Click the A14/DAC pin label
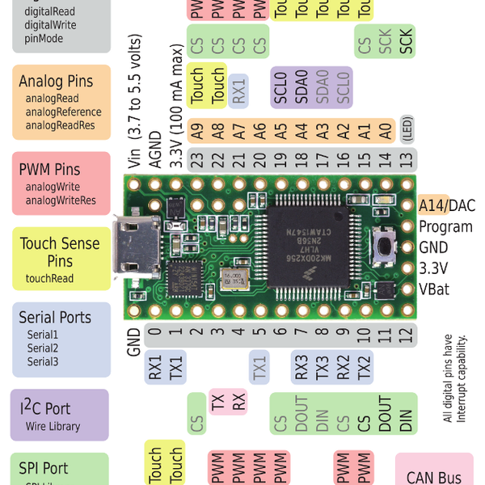[x=447, y=206]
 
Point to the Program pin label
[x=445, y=227]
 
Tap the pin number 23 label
[x=196, y=159]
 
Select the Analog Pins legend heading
[x=56, y=82]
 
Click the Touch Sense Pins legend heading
[x=60, y=252]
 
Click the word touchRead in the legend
[x=49, y=279]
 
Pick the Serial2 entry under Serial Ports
[x=43, y=348]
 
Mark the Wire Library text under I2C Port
[x=53, y=426]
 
